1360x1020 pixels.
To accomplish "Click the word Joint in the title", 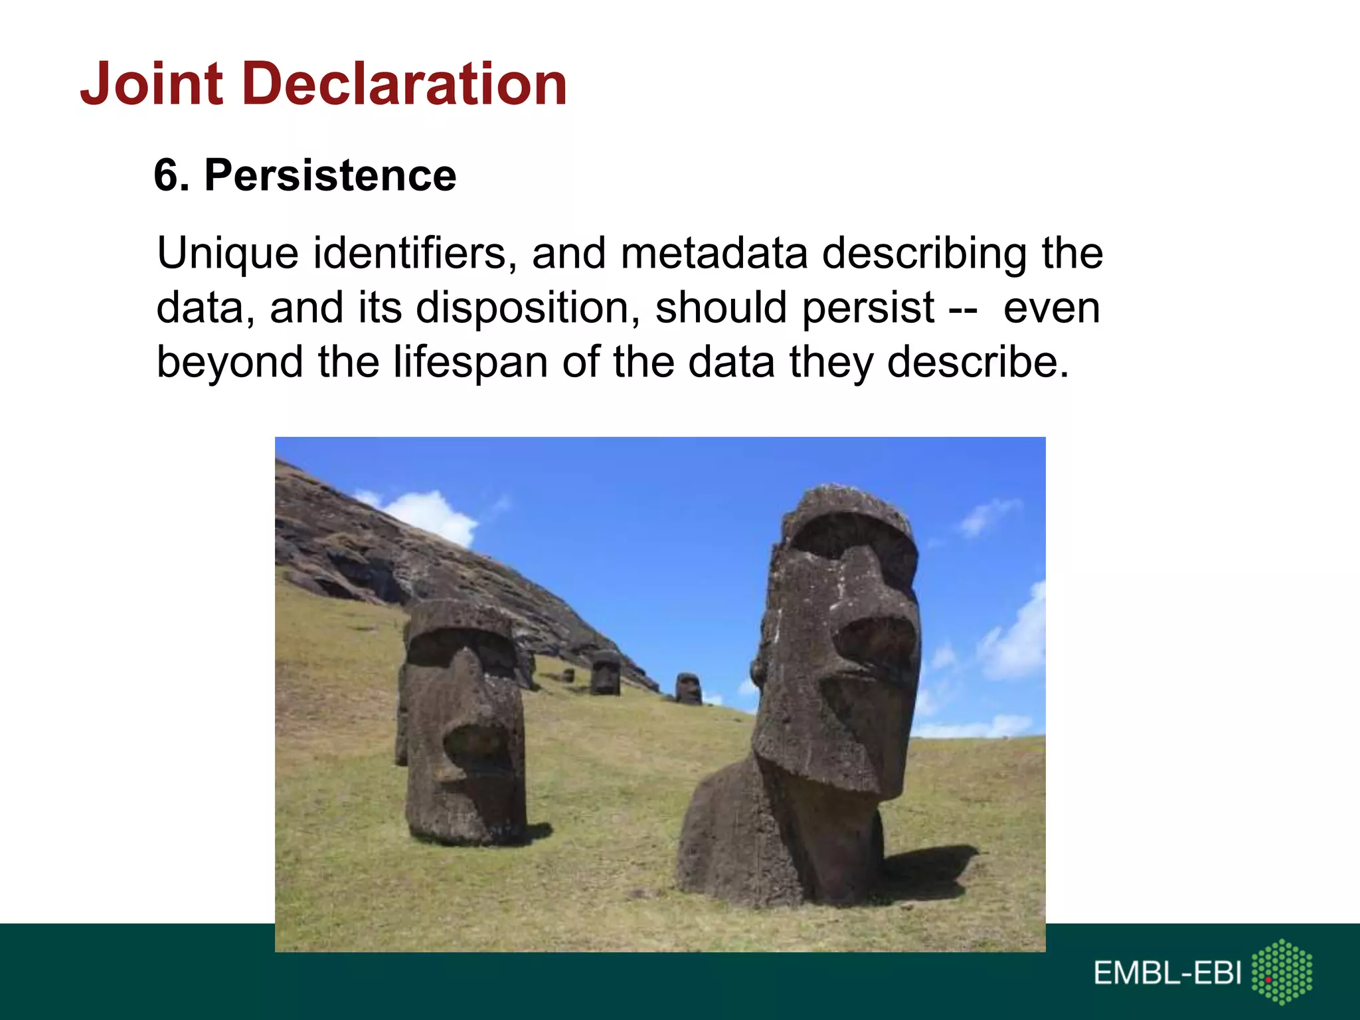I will pos(151,84).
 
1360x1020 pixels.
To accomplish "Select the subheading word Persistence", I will pos(330,176).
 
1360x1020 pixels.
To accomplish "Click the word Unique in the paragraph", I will pos(227,254).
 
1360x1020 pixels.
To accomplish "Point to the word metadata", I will pos(714,254).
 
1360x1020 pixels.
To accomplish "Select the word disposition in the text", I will pos(528,309).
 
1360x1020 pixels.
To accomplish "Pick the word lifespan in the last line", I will pos(471,363).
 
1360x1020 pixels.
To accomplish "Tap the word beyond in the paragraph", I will pos(230,363).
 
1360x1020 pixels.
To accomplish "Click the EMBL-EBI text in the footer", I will pos(1167,974).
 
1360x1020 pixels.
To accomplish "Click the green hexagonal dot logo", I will pos(1282,972).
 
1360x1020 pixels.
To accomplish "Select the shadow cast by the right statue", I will pos(930,870).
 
